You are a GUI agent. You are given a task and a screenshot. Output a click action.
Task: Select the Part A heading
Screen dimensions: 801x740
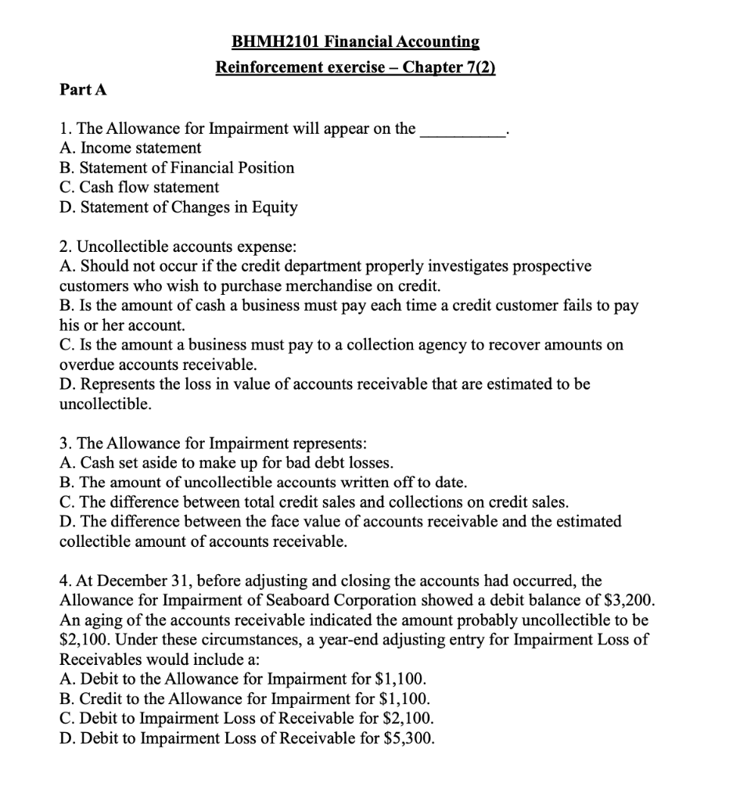[83, 90]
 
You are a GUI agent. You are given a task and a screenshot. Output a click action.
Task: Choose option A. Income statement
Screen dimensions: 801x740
[131, 148]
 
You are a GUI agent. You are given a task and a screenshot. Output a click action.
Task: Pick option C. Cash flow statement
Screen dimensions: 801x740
[139, 188]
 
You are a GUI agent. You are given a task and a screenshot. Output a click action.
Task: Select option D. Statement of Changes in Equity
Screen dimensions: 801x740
[178, 207]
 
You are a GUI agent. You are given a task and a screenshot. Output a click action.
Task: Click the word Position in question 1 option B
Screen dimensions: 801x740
[264, 168]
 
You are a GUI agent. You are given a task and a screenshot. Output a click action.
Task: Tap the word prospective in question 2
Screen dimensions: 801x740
[552, 266]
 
